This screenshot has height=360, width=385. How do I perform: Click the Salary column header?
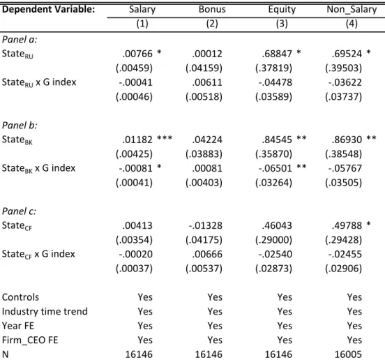(142, 10)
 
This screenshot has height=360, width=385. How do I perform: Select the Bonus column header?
(212, 9)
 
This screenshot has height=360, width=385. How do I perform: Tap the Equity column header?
(282, 10)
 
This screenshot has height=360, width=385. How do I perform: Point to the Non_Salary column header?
(352, 10)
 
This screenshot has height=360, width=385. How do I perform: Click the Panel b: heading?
(20, 126)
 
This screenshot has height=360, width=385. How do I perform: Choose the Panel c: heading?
(19, 211)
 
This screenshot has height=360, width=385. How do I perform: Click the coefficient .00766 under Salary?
(137, 54)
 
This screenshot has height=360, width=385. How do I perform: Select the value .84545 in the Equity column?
(277, 140)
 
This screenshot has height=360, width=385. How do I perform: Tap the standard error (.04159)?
(204, 68)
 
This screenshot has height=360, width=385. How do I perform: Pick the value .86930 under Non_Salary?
(347, 140)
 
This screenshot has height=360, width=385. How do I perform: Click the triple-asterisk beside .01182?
(165, 138)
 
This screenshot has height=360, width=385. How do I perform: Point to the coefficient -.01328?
(206, 225)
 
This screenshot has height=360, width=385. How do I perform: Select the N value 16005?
(348, 354)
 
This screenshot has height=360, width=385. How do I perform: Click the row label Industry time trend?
(45, 312)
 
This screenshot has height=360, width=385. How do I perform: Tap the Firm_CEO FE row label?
(30, 340)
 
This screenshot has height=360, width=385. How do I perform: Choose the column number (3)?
(282, 24)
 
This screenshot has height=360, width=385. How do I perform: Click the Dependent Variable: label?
(48, 10)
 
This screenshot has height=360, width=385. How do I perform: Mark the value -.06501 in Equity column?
(275, 168)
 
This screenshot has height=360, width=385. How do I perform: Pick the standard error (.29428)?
(344, 240)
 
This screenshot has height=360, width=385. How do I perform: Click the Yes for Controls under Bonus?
(215, 297)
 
